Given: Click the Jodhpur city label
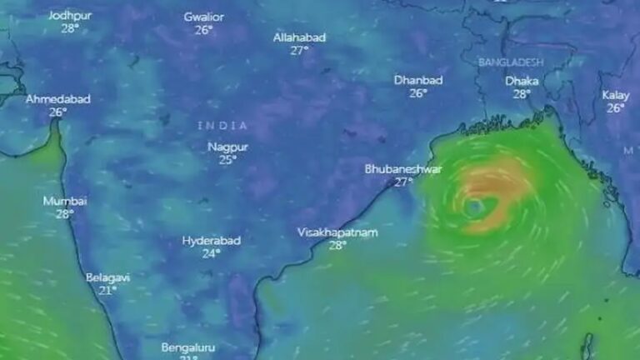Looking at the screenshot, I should (x=69, y=16).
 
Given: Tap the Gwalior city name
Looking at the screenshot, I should (x=205, y=17).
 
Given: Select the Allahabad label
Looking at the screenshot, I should (x=300, y=37).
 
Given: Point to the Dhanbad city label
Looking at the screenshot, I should (x=418, y=81).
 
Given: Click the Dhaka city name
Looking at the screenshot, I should (x=522, y=82).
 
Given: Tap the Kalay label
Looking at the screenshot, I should (x=616, y=95).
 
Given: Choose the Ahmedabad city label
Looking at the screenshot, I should (x=57, y=99).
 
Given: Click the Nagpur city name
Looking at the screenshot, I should (x=227, y=147).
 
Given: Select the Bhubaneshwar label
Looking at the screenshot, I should (x=403, y=169).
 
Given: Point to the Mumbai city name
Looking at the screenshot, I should (x=65, y=201).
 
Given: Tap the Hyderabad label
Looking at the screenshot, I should (x=212, y=241).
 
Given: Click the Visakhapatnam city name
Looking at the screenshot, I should (x=337, y=232).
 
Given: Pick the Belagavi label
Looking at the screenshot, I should (x=107, y=277).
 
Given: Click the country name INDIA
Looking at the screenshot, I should (x=222, y=125).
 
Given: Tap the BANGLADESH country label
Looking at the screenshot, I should (x=511, y=62).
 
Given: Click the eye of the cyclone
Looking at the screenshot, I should (x=474, y=206).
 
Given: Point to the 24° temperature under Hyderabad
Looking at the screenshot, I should (x=212, y=253).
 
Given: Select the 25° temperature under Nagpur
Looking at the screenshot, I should (x=227, y=160).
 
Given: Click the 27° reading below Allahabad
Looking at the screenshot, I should (x=300, y=50).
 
